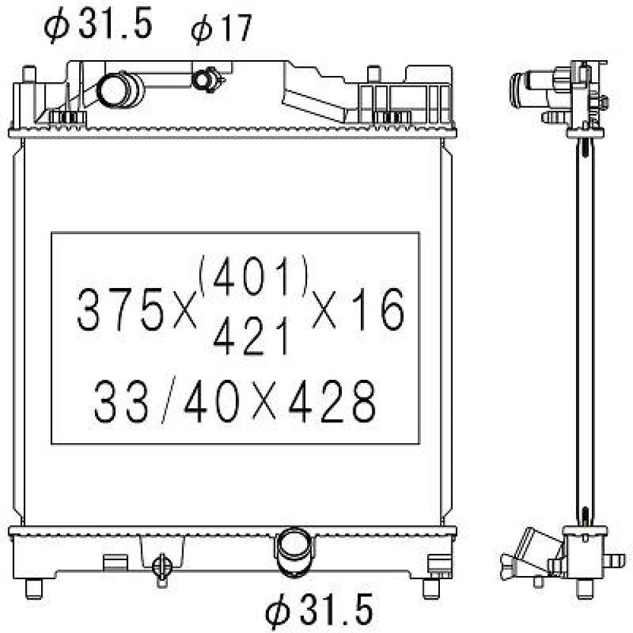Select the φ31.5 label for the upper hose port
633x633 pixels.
tap(99, 25)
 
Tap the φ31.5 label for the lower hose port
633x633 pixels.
tap(318, 610)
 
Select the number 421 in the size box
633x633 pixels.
tap(251, 335)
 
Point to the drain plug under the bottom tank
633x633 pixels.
tap(163, 565)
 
